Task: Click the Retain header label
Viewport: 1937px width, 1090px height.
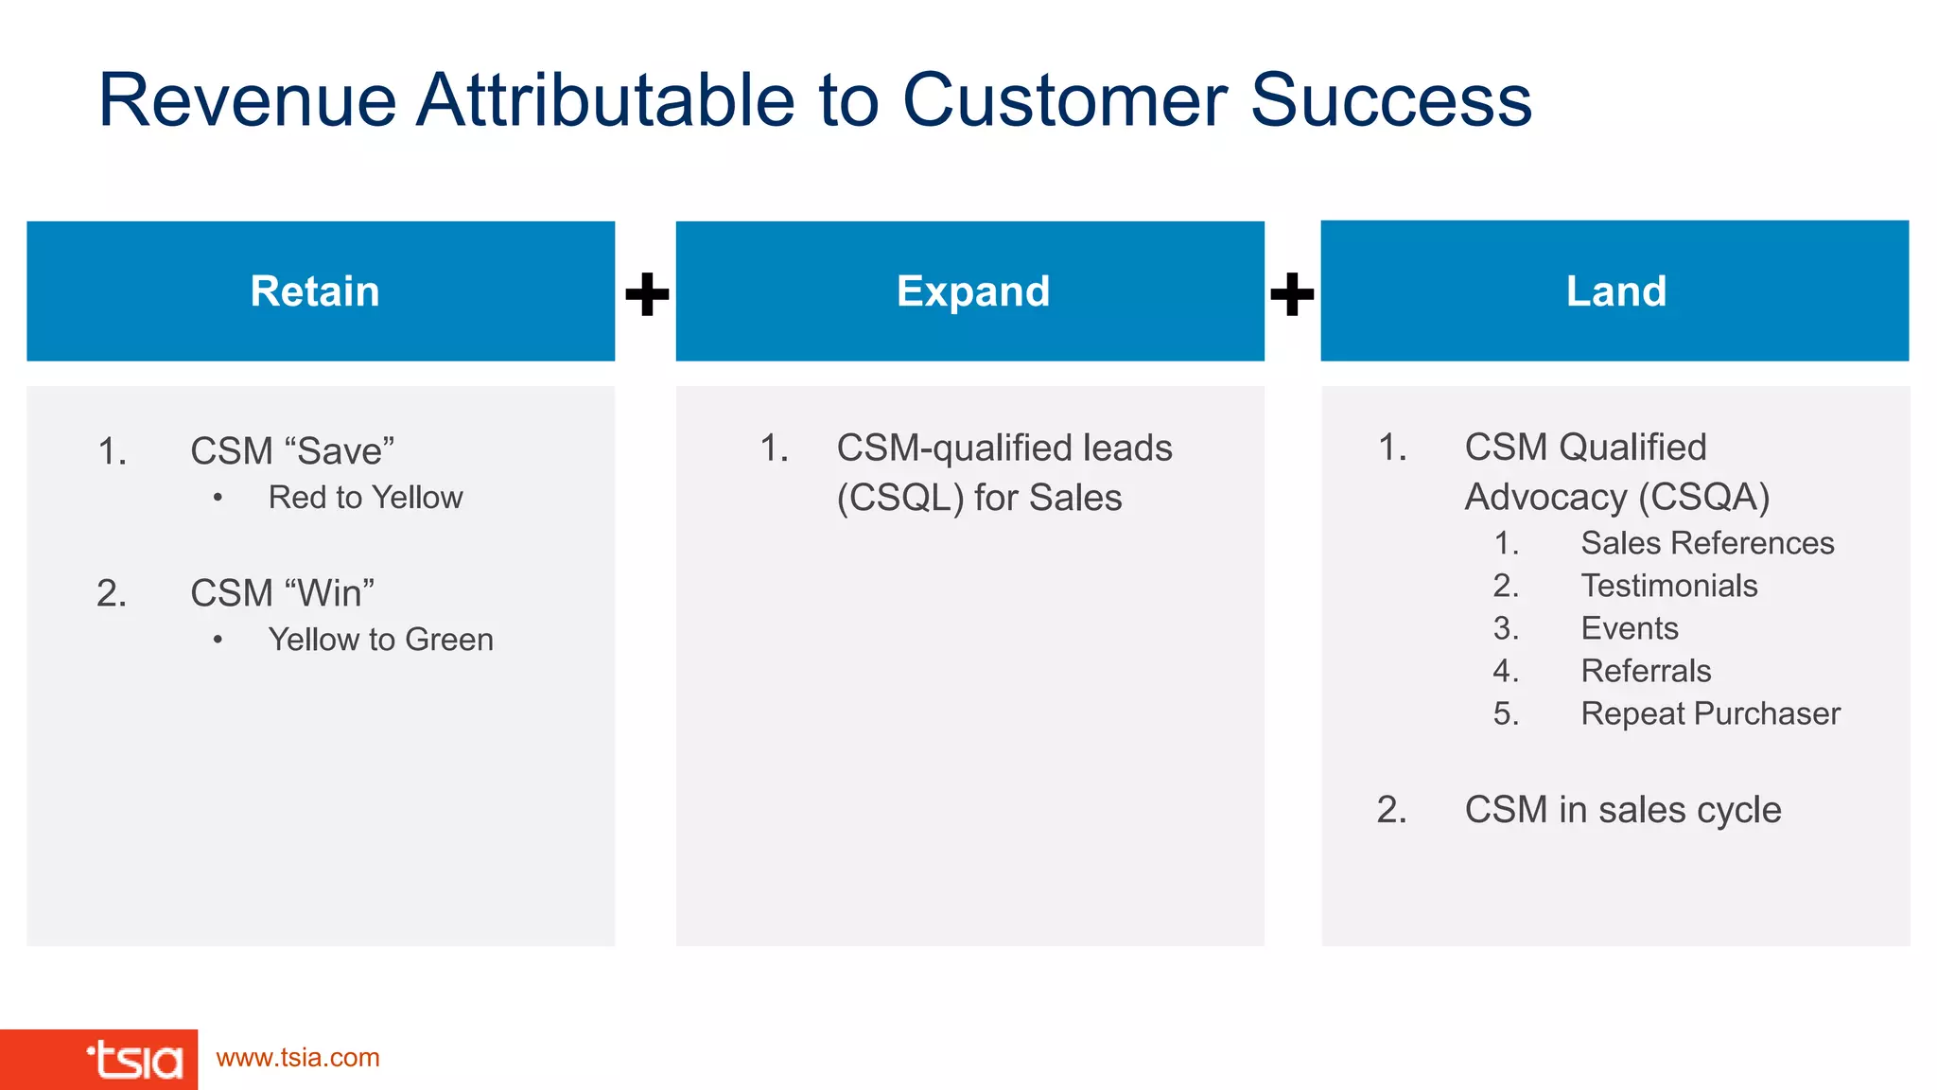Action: pos(315,291)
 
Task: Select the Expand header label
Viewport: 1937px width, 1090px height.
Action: pos(972,291)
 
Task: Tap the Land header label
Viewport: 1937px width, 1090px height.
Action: pos(1615,291)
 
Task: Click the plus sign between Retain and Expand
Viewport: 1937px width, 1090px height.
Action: pos(647,294)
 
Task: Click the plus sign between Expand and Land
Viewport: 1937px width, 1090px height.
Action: pos(1292,294)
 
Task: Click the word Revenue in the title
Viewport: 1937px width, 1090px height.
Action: pos(248,100)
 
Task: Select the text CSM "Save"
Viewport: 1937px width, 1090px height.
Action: pos(292,451)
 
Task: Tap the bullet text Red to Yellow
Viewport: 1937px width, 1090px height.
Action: pos(365,498)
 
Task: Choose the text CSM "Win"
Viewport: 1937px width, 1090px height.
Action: pos(282,593)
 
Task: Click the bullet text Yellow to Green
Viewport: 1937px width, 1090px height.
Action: pos(380,640)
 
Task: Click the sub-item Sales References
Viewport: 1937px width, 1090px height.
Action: pos(1707,543)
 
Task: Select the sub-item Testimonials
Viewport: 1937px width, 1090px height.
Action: pos(1669,586)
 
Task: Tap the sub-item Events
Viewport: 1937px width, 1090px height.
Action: pos(1630,628)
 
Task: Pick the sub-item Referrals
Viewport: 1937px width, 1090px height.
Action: pos(1646,671)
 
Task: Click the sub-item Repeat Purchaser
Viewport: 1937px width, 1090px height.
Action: pos(1710,713)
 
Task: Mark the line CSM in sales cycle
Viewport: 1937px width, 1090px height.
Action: pos(1622,810)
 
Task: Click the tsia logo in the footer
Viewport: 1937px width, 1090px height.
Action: pos(134,1060)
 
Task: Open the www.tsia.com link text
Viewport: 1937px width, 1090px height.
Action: pos(298,1058)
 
